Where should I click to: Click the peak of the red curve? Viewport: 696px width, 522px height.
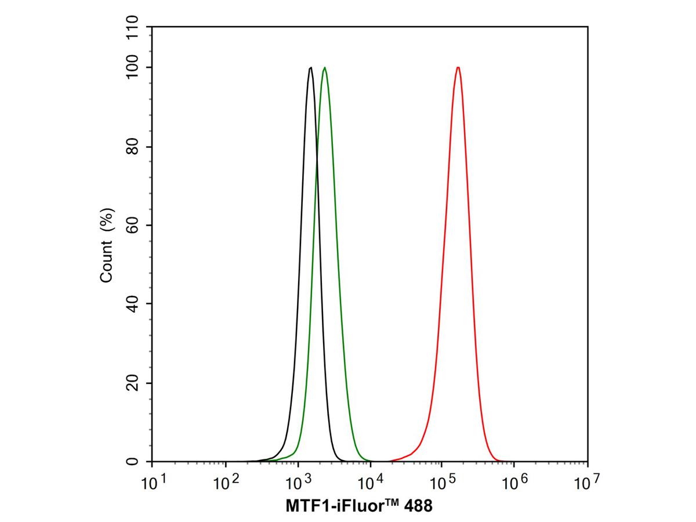[x=458, y=67]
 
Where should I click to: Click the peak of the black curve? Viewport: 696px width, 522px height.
[x=311, y=68]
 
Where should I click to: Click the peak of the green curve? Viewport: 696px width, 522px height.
[x=325, y=68]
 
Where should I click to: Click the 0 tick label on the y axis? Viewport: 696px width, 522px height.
[x=132, y=462]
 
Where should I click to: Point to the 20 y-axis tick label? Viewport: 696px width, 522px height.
[x=132, y=383]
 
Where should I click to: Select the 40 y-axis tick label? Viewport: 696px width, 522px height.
[x=132, y=304]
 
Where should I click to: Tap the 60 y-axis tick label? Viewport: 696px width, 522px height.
[x=132, y=225]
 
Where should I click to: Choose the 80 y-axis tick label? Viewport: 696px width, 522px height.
[x=132, y=147]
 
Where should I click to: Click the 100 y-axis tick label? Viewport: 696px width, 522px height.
[x=132, y=67]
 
